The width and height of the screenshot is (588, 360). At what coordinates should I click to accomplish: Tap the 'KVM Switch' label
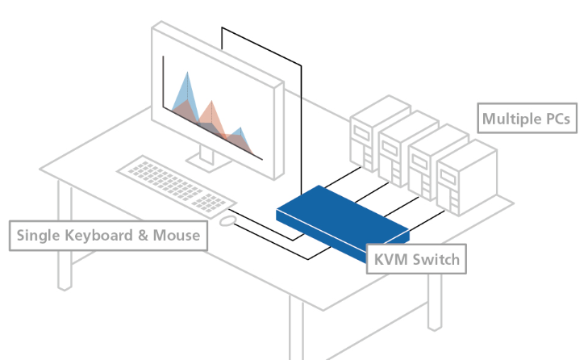pos(416,260)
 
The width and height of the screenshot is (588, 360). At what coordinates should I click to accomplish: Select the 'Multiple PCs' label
pos(527,119)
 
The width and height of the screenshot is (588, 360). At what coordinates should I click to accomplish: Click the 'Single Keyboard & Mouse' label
pos(108,236)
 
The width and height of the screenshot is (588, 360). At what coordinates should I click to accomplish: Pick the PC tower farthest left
pos(366,137)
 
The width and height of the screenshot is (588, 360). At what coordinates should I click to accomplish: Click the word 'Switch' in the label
pos(436,260)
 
